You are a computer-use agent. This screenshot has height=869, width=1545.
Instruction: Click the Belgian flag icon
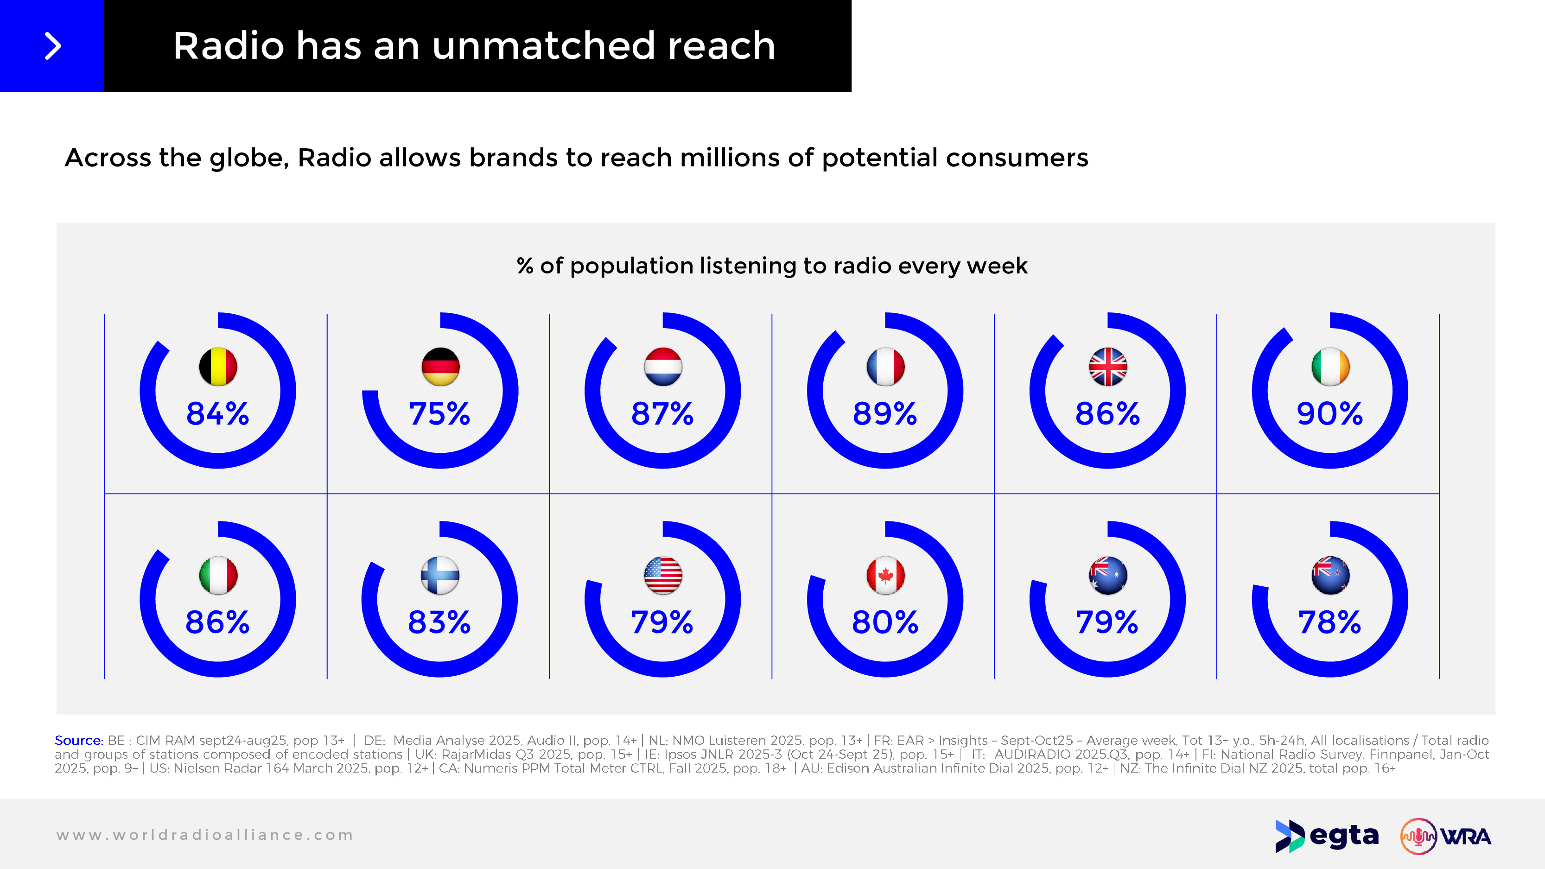[x=218, y=367]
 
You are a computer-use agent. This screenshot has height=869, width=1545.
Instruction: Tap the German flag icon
[x=440, y=367]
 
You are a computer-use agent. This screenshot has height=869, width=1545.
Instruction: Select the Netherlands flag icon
[x=663, y=367]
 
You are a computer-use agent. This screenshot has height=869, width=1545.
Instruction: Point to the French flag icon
[x=885, y=367]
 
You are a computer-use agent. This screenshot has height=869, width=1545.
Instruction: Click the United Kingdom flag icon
[x=1108, y=367]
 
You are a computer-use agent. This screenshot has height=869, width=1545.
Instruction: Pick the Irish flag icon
[x=1330, y=367]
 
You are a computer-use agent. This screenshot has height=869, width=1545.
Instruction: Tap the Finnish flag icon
[x=440, y=575]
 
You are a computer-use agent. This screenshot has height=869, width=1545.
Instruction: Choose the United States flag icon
[x=663, y=575]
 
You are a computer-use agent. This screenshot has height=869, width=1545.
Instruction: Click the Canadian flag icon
[x=885, y=575]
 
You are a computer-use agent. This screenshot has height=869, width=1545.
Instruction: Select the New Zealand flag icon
[x=1330, y=575]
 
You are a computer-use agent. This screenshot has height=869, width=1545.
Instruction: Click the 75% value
[x=439, y=414]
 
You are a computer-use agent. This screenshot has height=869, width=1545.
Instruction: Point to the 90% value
[x=1330, y=414]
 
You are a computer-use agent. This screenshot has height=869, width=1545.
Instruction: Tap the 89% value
[x=884, y=414]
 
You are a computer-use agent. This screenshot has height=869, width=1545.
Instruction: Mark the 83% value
[x=439, y=622]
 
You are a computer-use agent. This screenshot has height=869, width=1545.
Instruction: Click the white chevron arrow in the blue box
[x=53, y=46]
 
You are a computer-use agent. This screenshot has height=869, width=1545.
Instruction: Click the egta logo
[x=1327, y=836]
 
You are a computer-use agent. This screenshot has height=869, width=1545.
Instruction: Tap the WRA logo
[x=1445, y=836]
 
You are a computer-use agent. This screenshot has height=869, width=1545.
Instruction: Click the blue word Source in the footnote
[x=78, y=741]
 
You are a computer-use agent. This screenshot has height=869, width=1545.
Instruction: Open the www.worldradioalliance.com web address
[x=204, y=835]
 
